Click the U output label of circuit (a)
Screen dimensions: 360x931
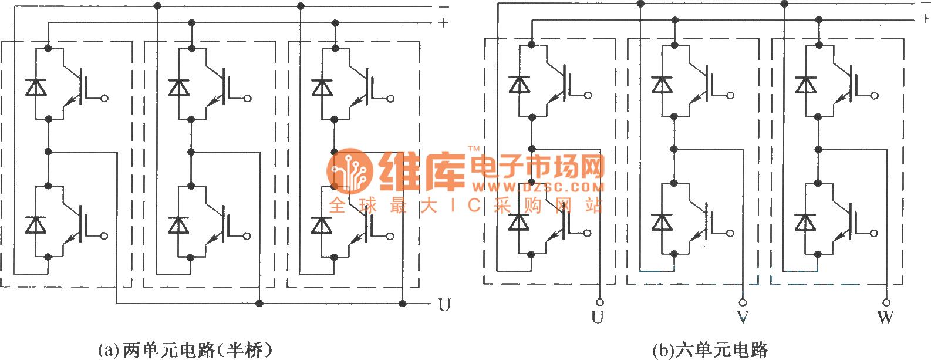point(444,305)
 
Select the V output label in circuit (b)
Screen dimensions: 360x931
point(743,318)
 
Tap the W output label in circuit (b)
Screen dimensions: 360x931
point(885,318)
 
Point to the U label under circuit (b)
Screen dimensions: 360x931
point(598,318)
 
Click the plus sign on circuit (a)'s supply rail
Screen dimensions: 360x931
point(444,23)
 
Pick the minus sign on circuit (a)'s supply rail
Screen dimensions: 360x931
point(444,7)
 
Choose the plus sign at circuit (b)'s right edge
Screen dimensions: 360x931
point(926,18)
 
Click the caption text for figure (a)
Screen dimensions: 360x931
point(185,350)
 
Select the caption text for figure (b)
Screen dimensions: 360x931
point(710,350)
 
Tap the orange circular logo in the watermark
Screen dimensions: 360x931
point(350,171)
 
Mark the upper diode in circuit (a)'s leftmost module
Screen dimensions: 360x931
point(36,87)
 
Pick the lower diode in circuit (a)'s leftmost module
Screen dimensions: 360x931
point(36,225)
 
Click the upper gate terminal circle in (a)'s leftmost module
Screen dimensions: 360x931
point(104,98)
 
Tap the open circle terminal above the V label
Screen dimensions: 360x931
point(743,302)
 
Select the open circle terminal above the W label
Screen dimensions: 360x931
point(886,302)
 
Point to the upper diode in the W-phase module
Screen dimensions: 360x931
point(805,85)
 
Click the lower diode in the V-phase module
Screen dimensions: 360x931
point(662,223)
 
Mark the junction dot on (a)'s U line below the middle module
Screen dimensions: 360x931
point(259,304)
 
